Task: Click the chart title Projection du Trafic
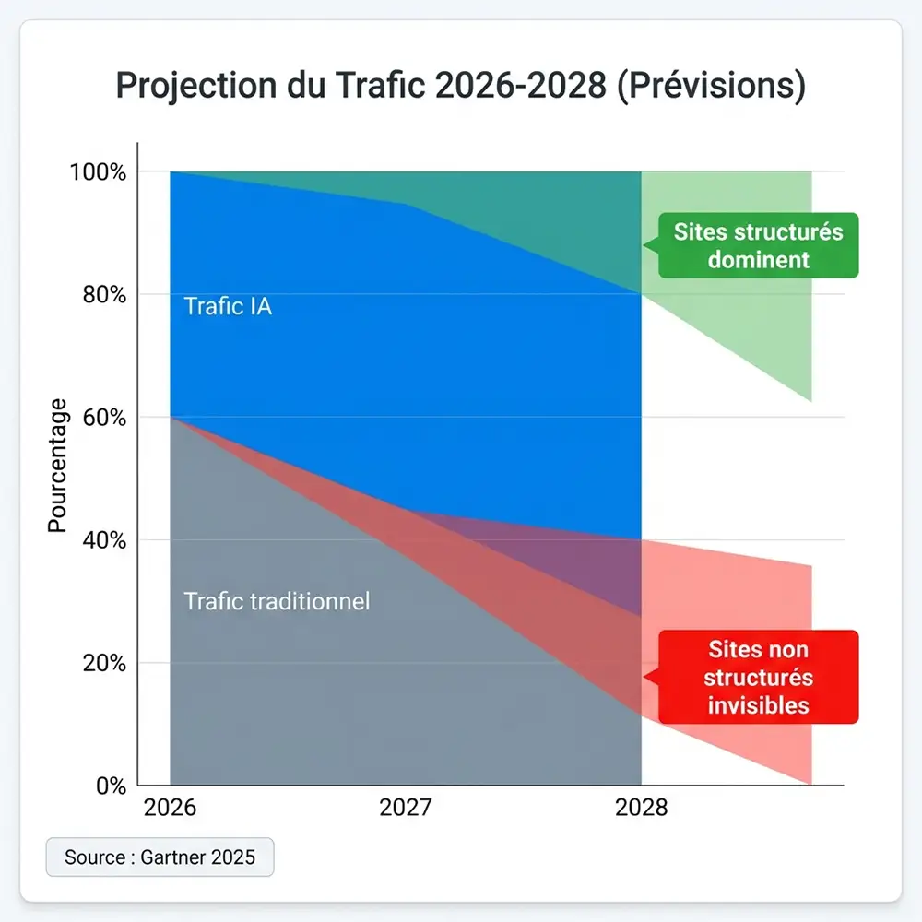(460, 86)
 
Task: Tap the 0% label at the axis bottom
(108, 786)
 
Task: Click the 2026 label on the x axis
(171, 809)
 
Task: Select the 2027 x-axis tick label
(406, 809)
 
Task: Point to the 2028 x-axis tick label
(642, 809)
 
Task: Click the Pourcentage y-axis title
(57, 465)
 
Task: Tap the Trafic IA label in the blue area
(228, 306)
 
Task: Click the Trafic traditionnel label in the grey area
(277, 601)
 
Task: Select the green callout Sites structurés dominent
(758, 245)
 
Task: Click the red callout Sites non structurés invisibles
(758, 677)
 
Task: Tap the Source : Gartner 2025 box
(160, 857)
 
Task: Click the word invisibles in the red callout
(758, 705)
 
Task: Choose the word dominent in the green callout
(758, 259)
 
